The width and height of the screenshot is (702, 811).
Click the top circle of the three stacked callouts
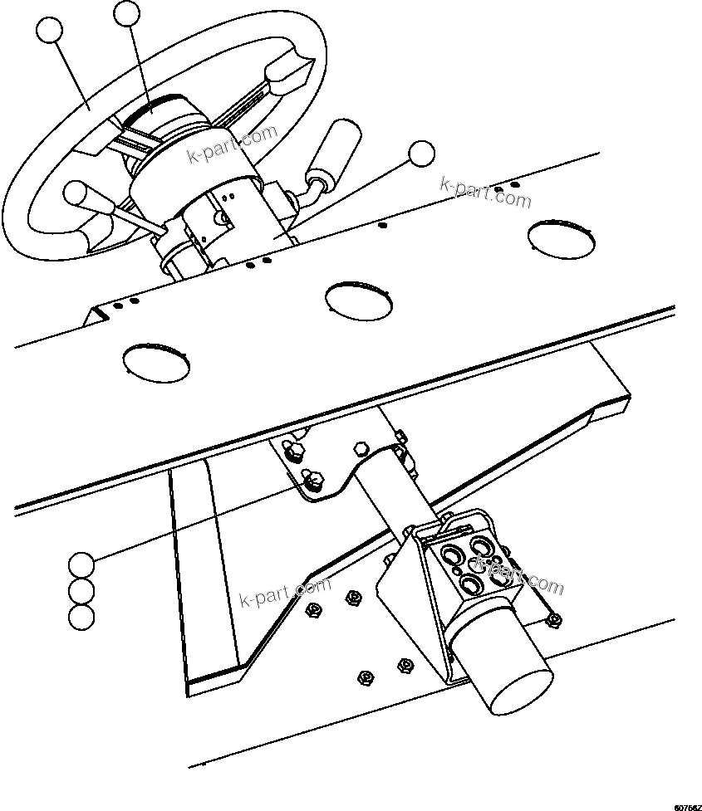[x=81, y=564]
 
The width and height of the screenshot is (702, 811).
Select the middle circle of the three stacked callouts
[x=81, y=591]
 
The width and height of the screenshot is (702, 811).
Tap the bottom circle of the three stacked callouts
[x=81, y=617]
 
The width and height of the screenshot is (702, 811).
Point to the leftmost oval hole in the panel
[x=155, y=362]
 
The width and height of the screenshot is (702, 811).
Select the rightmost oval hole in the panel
[x=562, y=237]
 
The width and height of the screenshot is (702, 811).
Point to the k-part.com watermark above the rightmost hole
[x=485, y=192]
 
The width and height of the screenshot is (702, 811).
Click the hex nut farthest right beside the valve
[x=554, y=618]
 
